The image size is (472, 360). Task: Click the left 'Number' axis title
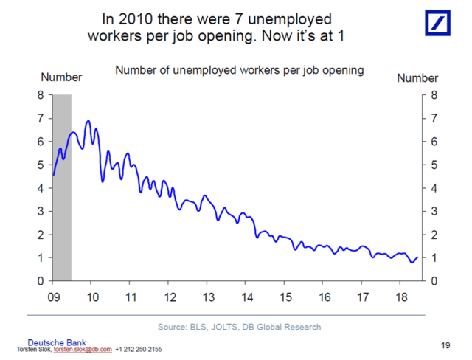[61, 77]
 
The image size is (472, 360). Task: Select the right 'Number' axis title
[417, 77]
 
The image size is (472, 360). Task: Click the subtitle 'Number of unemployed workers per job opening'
[239, 71]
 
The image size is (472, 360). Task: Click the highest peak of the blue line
[88, 121]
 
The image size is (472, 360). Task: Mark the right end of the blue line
[417, 257]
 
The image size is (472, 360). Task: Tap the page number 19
[445, 344]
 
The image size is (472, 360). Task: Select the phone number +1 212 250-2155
[139, 349]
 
